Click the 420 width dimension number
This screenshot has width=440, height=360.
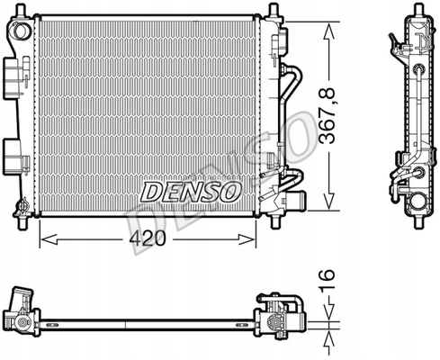point(148,239)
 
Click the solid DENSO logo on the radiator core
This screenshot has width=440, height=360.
point(191,192)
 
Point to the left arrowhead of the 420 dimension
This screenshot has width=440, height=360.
point(49,239)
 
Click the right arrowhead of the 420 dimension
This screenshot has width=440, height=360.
point(247,239)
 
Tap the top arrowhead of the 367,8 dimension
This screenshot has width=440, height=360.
point(328,31)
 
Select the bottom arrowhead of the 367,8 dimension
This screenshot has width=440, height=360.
point(328,202)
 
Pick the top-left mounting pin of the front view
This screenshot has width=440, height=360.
point(20,10)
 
